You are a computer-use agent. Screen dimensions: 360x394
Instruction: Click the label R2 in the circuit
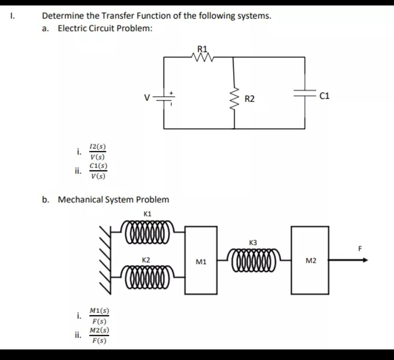250,99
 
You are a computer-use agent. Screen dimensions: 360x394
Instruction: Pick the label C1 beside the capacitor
324,96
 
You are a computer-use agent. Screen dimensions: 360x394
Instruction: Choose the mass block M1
201,260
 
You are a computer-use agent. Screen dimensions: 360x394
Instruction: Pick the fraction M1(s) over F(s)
99,316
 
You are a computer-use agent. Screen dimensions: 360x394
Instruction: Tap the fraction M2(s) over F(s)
99,336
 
